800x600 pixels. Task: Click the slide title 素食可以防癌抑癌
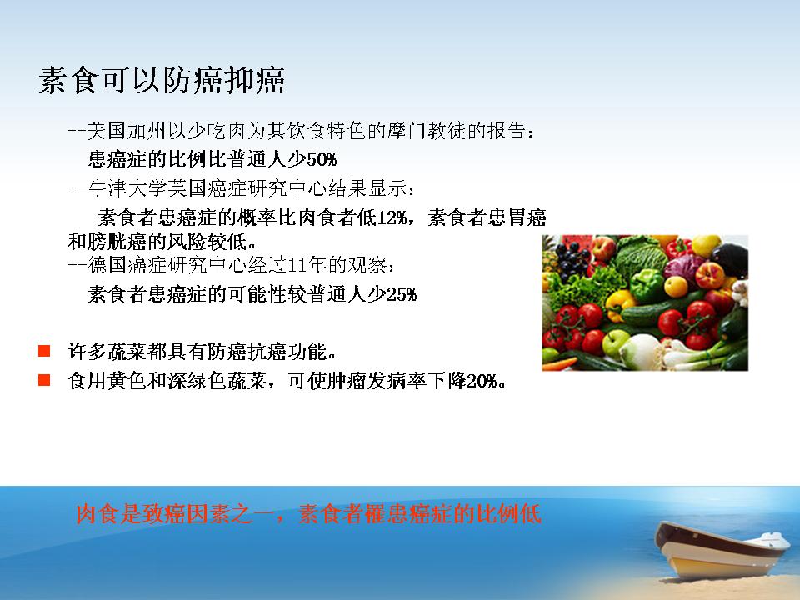[162, 81]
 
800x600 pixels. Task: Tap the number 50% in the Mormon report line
[322, 160]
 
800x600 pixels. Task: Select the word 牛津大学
[127, 188]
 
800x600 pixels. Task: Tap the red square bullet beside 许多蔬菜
[44, 351]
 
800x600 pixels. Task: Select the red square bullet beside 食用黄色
[44, 380]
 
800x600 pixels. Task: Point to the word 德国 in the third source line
[107, 265]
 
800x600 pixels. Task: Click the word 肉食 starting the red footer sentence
[97, 514]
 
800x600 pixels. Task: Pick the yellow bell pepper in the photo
[620, 304]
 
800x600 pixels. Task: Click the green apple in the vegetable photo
[616, 342]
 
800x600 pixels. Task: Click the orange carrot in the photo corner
[559, 364]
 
